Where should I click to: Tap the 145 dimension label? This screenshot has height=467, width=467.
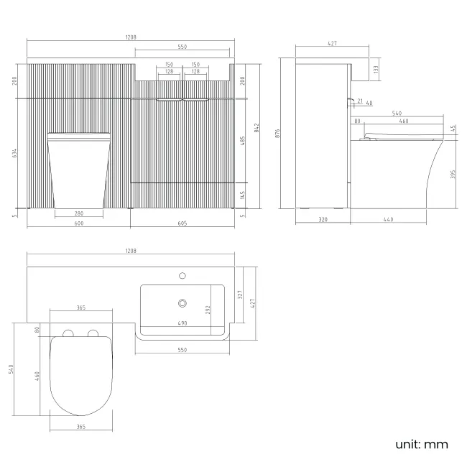click(243, 195)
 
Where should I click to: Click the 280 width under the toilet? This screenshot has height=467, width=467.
click(79, 213)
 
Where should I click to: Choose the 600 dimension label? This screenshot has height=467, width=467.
click(79, 224)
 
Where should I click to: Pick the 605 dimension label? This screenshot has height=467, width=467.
click(182, 224)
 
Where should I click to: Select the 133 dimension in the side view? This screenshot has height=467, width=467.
click(376, 69)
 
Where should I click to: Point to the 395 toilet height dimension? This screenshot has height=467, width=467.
click(452, 175)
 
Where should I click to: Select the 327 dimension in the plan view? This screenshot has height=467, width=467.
click(241, 295)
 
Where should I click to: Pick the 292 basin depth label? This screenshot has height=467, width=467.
click(209, 310)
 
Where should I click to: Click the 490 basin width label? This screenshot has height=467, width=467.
click(182, 323)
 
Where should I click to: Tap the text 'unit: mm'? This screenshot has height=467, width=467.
click(422, 445)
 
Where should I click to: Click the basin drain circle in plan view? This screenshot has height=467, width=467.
click(182, 303)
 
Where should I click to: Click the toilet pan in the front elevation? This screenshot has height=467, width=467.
click(78, 171)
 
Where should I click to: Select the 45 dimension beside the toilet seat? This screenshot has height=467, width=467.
click(452, 129)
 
